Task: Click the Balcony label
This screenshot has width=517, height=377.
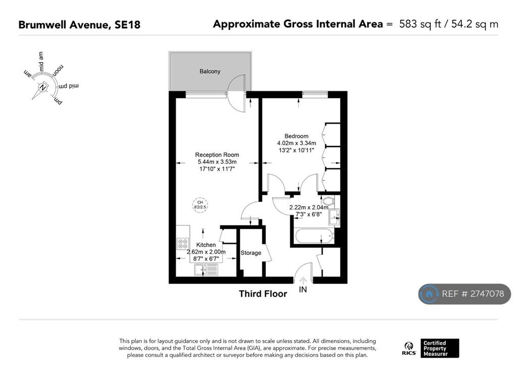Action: tap(210, 71)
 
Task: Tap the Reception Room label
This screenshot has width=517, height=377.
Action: tap(217, 155)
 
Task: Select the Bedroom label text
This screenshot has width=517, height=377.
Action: tap(296, 136)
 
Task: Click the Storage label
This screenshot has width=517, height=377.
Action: tap(250, 253)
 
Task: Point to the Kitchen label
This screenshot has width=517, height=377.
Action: tap(206, 245)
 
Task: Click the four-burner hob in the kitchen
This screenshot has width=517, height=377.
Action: tap(183, 244)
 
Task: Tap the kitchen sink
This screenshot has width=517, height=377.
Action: tap(206, 270)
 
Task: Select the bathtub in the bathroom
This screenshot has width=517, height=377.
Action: tap(315, 236)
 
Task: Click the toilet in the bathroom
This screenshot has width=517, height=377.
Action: tap(328, 201)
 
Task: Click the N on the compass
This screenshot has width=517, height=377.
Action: tap(42, 88)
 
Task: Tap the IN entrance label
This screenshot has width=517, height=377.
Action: tap(303, 290)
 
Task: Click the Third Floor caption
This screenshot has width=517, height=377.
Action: tap(263, 294)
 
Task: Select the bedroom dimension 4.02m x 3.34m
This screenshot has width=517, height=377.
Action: tap(296, 143)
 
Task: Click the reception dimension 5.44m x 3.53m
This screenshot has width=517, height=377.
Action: tap(217, 162)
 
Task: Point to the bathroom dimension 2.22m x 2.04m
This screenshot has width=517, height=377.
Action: tap(308, 207)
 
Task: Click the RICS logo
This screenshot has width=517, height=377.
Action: tap(409, 349)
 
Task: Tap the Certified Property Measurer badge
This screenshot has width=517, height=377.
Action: tap(440, 348)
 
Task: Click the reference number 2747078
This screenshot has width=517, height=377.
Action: tap(487, 294)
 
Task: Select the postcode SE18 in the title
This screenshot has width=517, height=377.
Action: tap(127, 25)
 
